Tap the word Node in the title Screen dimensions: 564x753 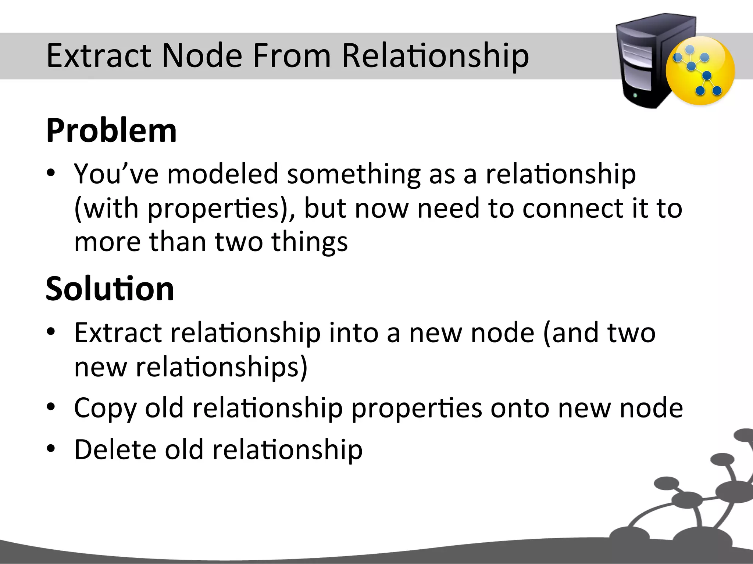201,56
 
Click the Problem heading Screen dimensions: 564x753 111,131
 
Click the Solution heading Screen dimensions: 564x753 110,289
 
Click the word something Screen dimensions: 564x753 353,174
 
